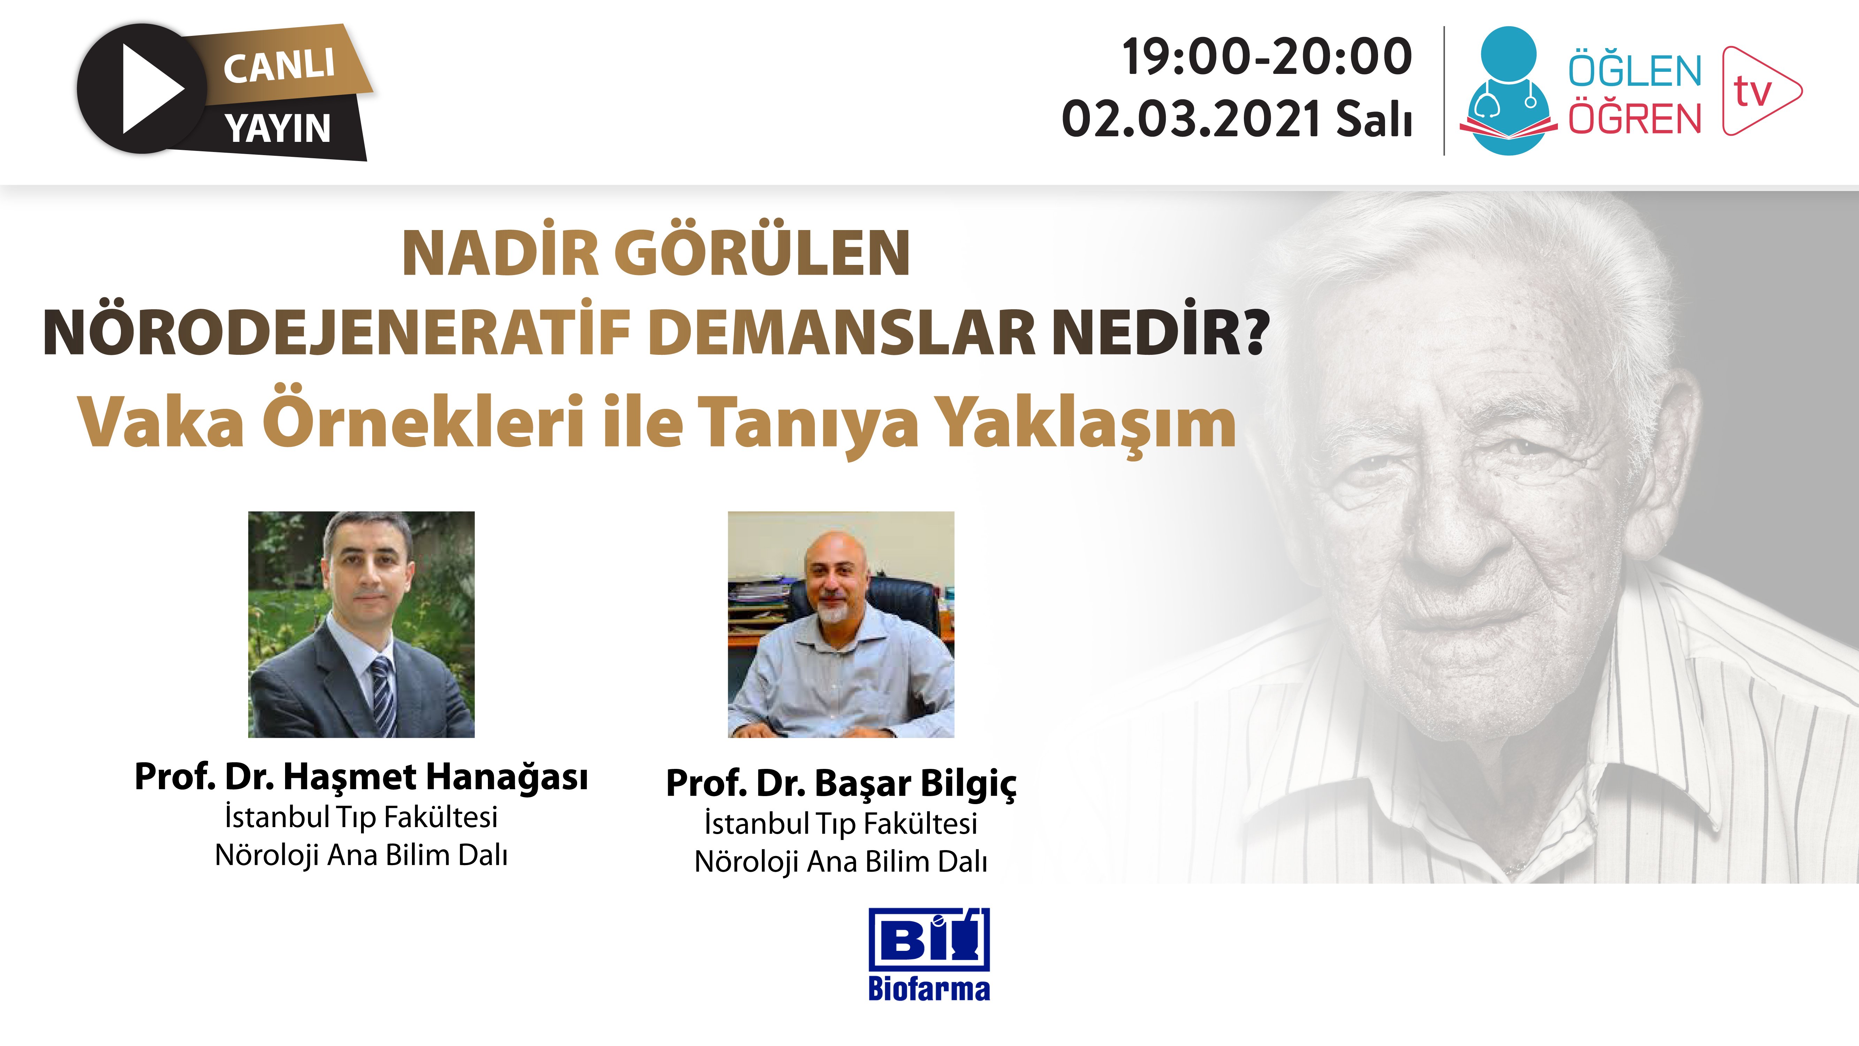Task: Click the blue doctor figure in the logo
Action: pyautogui.click(x=1508, y=90)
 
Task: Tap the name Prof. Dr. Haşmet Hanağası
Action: pyautogui.click(x=361, y=777)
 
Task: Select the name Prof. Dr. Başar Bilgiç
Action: pyautogui.click(x=841, y=783)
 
